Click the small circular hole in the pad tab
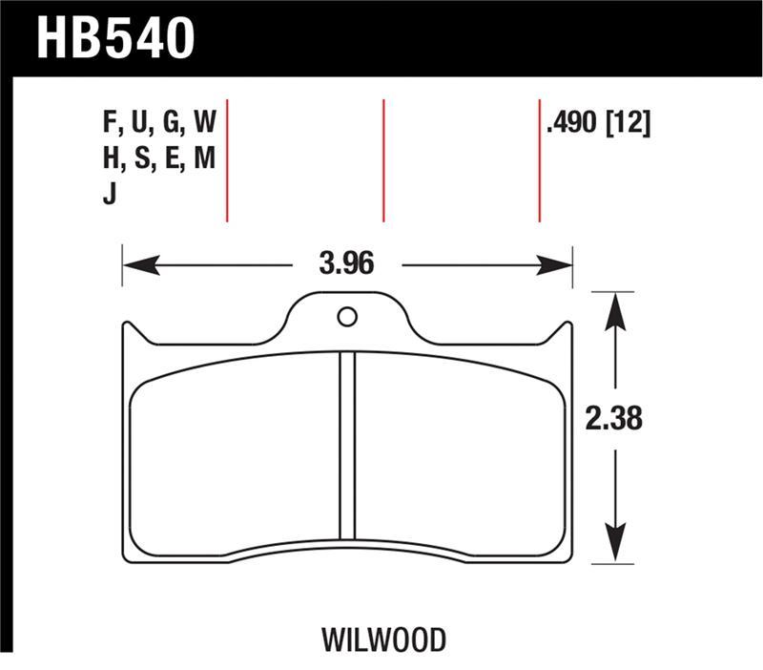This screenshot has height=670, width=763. [x=347, y=316]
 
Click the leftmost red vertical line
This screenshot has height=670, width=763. [x=227, y=159]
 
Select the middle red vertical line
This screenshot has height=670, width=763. [x=382, y=159]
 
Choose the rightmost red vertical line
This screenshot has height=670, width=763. [x=540, y=159]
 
